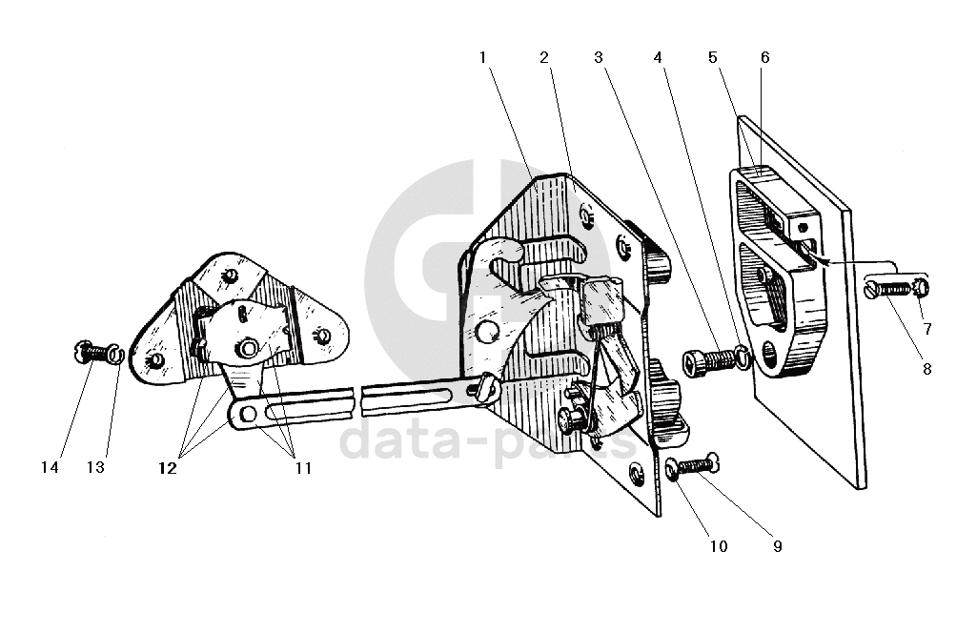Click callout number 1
coord(482,58)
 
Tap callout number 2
coord(544,58)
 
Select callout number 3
coord(599,58)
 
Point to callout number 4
coord(658,58)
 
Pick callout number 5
coord(713,58)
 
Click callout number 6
coord(765,58)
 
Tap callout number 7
coord(927,329)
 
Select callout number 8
coord(927,370)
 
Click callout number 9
coord(778,546)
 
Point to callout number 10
coord(719,546)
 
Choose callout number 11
coord(303,468)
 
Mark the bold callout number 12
coord(168,468)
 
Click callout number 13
coord(95,467)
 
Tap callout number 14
coord(50,467)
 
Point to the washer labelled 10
coord(671,469)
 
